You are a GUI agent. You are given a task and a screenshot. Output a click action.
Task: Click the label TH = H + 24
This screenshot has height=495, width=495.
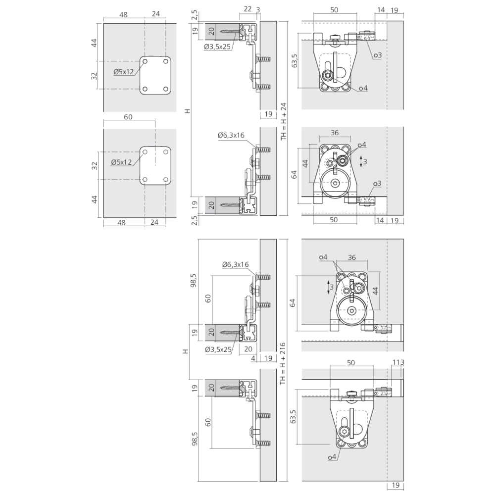point(284,122)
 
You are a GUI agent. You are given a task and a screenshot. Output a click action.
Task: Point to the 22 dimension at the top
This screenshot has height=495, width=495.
point(248,9)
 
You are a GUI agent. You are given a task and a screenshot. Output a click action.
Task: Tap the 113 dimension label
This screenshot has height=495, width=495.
point(398,362)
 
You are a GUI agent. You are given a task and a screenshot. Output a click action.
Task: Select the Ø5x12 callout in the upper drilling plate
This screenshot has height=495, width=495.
point(124,72)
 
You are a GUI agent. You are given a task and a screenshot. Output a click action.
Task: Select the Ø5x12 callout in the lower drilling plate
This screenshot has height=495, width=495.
point(121,162)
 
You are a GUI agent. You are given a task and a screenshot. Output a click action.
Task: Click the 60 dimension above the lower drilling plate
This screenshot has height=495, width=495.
point(128,117)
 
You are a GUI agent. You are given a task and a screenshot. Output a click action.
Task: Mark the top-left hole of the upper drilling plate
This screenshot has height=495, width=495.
point(145,61)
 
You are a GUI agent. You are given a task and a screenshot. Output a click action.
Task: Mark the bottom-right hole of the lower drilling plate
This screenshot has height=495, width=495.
point(166,180)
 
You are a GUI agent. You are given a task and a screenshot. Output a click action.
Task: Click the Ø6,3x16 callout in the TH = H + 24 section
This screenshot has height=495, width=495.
point(231,135)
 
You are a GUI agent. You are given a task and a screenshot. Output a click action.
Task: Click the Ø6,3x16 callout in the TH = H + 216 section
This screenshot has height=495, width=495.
point(236,264)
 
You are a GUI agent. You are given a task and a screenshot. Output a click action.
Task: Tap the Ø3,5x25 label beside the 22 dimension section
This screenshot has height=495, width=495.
point(217,47)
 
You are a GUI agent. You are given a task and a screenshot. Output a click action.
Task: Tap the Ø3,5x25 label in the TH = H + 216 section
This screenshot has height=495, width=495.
point(218,349)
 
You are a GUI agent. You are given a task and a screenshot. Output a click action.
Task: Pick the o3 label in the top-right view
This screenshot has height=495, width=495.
point(378,55)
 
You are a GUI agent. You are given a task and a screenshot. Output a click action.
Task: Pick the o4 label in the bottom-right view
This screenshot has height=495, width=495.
point(332,457)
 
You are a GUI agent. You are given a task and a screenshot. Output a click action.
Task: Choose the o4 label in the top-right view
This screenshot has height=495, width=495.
point(364,88)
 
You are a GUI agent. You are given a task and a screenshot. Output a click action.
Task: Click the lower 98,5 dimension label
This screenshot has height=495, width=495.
point(194,439)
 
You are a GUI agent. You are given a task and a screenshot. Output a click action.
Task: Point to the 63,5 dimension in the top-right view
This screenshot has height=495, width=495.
point(295,60)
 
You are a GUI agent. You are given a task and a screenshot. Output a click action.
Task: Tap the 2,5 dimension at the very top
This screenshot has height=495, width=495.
point(194,15)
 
